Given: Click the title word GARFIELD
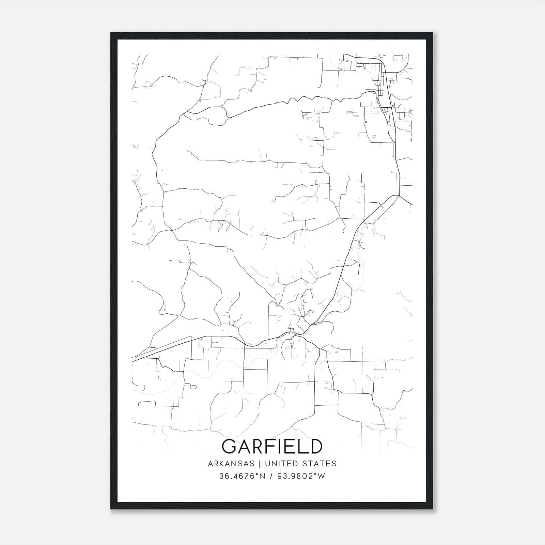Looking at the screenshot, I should point(272,446).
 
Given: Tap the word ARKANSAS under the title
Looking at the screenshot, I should point(231,464).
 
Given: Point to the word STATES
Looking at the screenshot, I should point(319,464).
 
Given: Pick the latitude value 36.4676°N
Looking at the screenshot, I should point(237,476).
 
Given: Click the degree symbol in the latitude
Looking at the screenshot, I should point(249,474).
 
